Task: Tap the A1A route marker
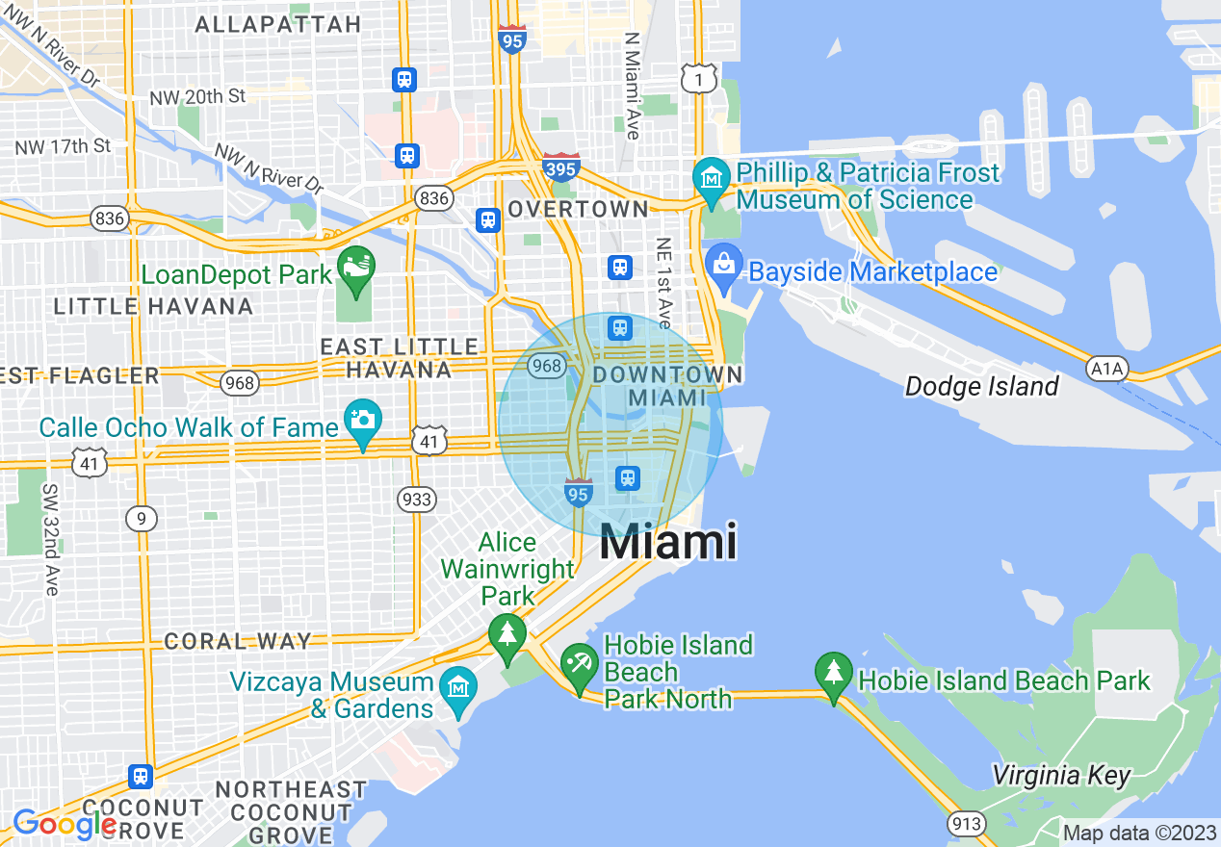click(1106, 368)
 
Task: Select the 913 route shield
click(965, 824)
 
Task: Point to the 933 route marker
click(416, 500)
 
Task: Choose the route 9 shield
click(141, 519)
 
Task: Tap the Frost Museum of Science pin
click(712, 181)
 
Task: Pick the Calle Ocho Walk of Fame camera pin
click(363, 423)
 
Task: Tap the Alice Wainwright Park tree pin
click(507, 638)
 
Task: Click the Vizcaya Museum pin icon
click(458, 689)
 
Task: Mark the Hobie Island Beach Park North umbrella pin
click(580, 666)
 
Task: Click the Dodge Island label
click(981, 387)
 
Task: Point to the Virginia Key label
click(1060, 776)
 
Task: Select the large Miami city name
click(668, 542)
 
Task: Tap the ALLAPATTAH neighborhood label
click(277, 25)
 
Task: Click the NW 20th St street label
click(198, 97)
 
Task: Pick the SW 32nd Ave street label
click(50, 538)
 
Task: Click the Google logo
click(65, 824)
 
